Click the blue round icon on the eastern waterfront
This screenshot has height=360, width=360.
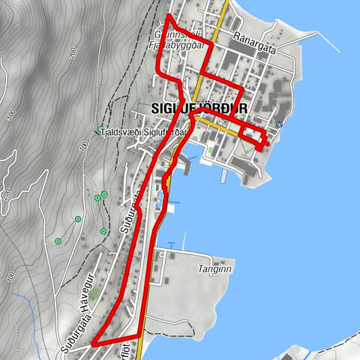(280, 124)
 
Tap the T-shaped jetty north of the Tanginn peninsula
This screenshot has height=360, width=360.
(172, 245)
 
